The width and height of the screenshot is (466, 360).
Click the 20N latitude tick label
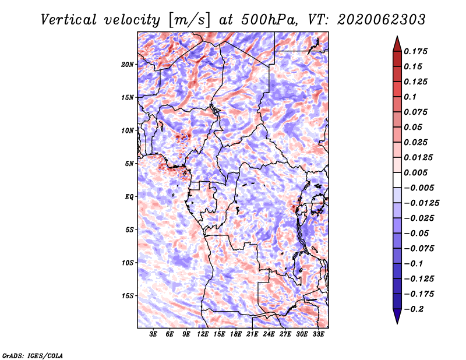coord(128,64)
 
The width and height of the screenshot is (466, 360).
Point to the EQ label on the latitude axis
coord(129,196)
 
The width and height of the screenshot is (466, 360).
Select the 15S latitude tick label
coord(128,295)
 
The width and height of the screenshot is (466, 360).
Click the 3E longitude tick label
coord(154,334)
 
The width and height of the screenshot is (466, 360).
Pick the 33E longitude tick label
coord(318,334)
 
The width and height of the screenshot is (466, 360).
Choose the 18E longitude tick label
coord(236,334)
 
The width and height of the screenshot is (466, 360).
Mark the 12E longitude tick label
coord(203,334)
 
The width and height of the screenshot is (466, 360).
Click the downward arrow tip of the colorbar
coord(397,323)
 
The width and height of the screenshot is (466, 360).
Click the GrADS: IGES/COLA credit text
coord(32,355)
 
